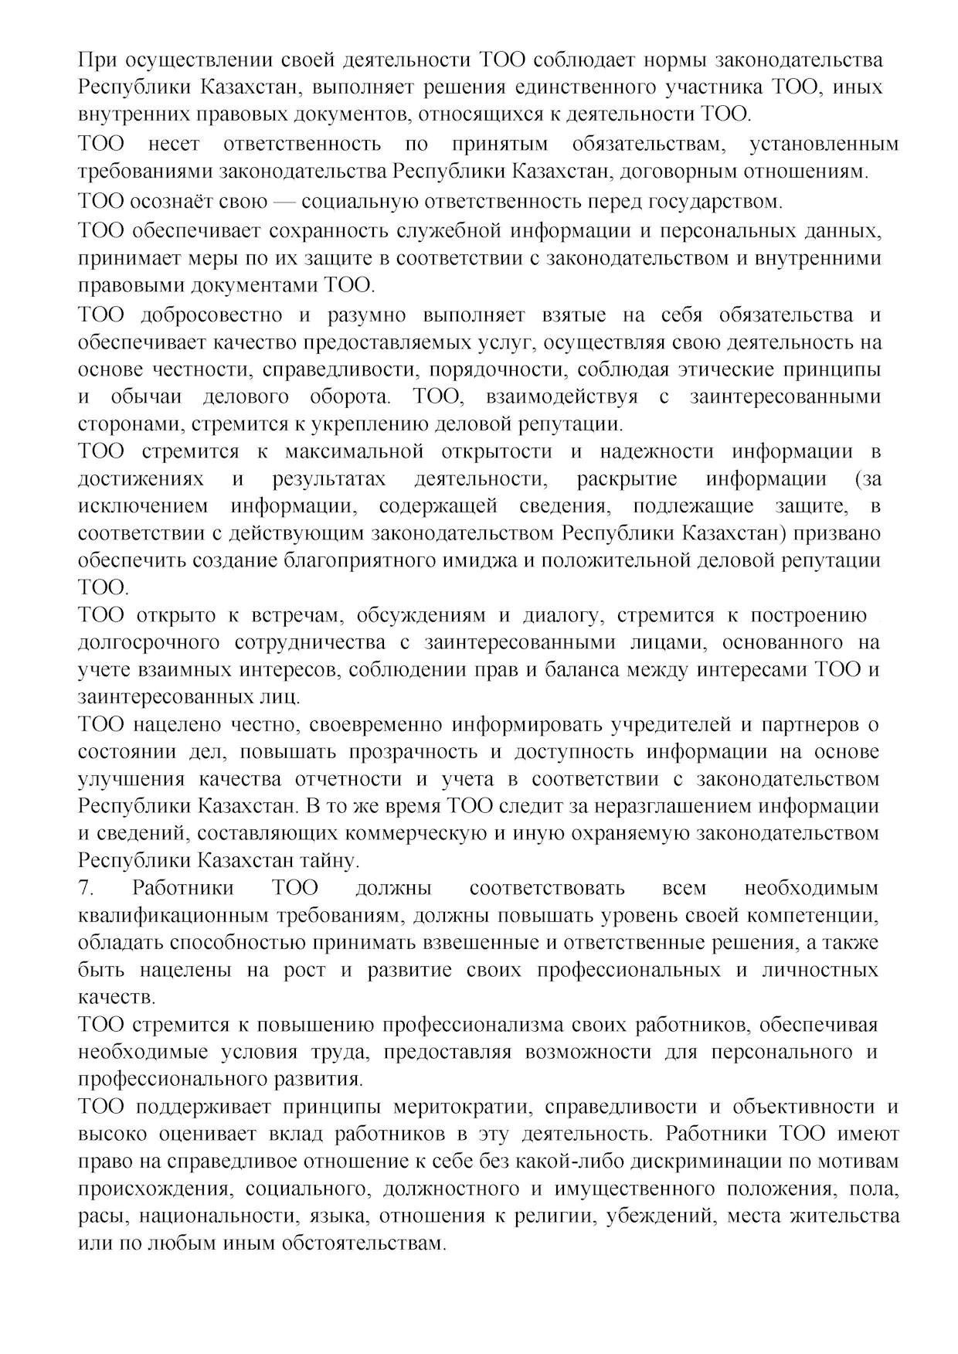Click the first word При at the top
[x=97, y=60]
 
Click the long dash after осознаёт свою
[x=284, y=202]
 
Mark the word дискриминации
[x=711, y=1161]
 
